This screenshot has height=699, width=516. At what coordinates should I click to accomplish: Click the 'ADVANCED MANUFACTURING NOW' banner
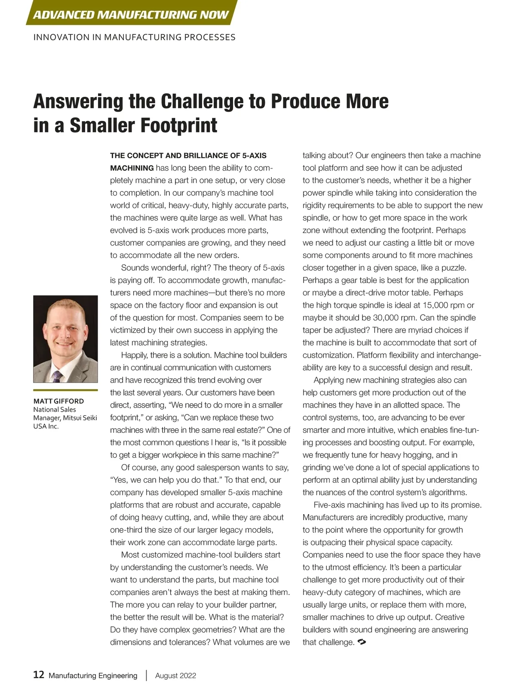[131, 15]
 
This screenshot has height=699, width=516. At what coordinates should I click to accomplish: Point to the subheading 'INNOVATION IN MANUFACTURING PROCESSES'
[134, 37]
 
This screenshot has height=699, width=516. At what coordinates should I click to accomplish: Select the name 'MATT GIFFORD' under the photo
[58, 401]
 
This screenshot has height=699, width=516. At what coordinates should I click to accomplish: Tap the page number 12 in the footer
[39, 674]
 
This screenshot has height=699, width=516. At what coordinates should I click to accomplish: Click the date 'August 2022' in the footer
[175, 675]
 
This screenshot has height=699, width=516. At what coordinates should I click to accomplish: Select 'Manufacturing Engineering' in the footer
[93, 675]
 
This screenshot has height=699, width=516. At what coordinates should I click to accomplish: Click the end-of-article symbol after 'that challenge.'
[362, 642]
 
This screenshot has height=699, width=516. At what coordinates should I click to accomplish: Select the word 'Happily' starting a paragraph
[135, 355]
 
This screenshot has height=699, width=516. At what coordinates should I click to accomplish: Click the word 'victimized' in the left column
[129, 330]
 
